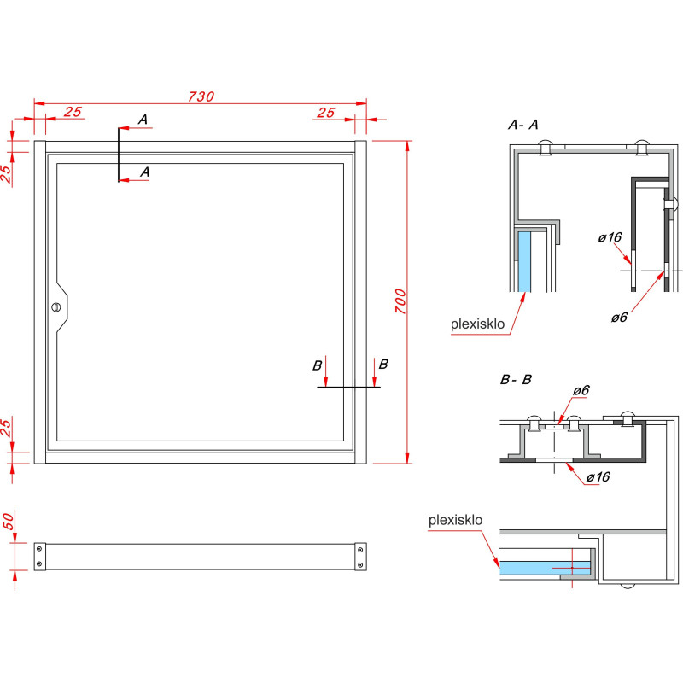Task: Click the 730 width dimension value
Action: pyautogui.click(x=201, y=96)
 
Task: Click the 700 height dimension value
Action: pyautogui.click(x=400, y=301)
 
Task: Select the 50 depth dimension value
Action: pyautogui.click(x=9, y=522)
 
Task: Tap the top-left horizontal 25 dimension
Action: pyautogui.click(x=73, y=112)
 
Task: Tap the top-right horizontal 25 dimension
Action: pyautogui.click(x=326, y=113)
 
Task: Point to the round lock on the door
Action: pyautogui.click(x=55, y=307)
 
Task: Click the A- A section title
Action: pyautogui.click(x=522, y=125)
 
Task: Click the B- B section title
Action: pyautogui.click(x=516, y=380)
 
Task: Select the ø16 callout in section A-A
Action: pyautogui.click(x=610, y=237)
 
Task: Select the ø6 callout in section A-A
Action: pyautogui.click(x=619, y=317)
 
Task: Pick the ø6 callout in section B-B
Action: pyautogui.click(x=581, y=390)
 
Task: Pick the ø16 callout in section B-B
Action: pyautogui.click(x=598, y=477)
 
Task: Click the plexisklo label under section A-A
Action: pyautogui.click(x=477, y=324)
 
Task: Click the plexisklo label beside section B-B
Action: pyautogui.click(x=455, y=520)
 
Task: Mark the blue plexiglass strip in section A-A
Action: pyautogui.click(x=524, y=261)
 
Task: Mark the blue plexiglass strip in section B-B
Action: pyautogui.click(x=545, y=568)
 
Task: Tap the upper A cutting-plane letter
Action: pyautogui.click(x=143, y=120)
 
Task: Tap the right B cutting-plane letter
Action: pyautogui.click(x=383, y=365)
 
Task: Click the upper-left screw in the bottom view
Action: pyautogui.click(x=39, y=549)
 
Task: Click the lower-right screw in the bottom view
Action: pyautogui.click(x=360, y=565)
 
